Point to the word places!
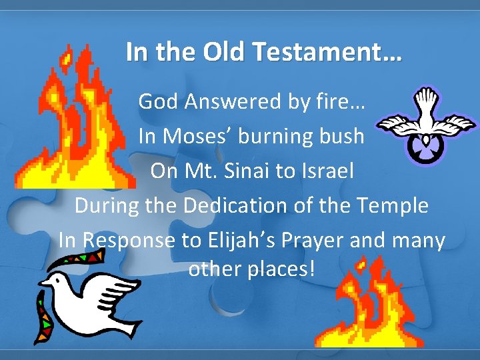pos(276,269)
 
